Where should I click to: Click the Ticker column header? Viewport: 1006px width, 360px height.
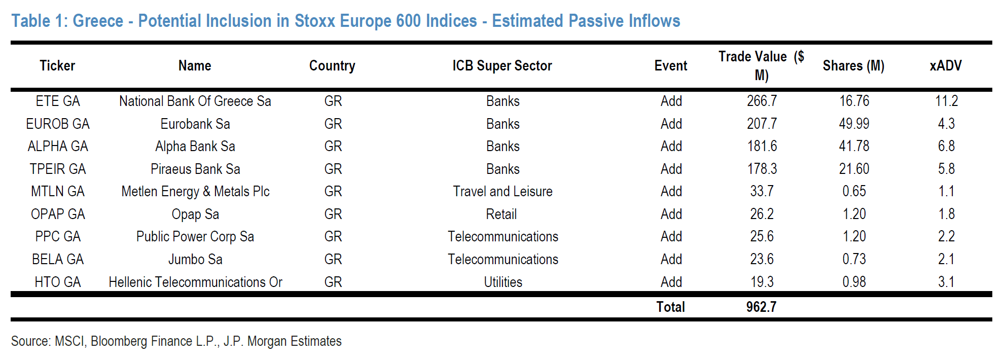[x=57, y=65]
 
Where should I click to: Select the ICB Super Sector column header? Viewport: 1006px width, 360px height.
[x=502, y=65]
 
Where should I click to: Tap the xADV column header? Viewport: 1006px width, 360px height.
[x=946, y=65]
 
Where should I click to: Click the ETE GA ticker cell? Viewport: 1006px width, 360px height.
[x=58, y=101]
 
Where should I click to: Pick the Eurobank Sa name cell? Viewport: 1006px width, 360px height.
[x=195, y=124]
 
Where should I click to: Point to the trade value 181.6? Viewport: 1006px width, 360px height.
[x=762, y=146]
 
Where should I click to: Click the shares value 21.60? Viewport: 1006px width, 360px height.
[x=854, y=169]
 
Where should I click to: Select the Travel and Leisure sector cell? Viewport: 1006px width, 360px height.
[x=502, y=191]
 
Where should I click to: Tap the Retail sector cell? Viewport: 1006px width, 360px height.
[x=501, y=214]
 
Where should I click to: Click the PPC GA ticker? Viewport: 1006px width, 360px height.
[x=58, y=236]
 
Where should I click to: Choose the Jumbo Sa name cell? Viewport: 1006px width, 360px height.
[x=195, y=259]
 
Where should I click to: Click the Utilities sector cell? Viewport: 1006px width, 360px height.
[x=503, y=282]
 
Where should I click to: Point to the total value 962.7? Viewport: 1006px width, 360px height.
[x=761, y=307]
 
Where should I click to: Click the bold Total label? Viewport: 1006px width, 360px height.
[x=670, y=307]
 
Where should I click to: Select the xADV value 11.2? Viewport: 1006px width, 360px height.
[x=946, y=101]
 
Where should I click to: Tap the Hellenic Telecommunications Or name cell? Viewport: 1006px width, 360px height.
[x=195, y=282]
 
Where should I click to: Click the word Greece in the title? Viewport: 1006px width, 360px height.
[x=98, y=21]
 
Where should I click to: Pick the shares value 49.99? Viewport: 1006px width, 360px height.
[x=854, y=124]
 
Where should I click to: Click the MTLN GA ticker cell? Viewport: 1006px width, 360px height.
[x=58, y=191]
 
